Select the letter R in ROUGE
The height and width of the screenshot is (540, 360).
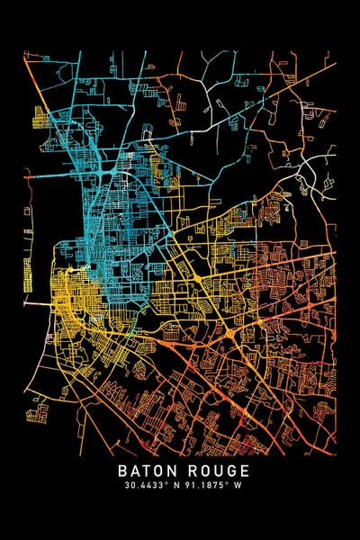coord(190,471)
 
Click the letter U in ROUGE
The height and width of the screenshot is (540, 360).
coord(215,471)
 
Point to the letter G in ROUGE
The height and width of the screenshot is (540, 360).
coord(228,471)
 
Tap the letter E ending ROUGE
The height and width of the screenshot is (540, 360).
coord(239,471)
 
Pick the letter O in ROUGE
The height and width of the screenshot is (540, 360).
coord(202,471)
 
